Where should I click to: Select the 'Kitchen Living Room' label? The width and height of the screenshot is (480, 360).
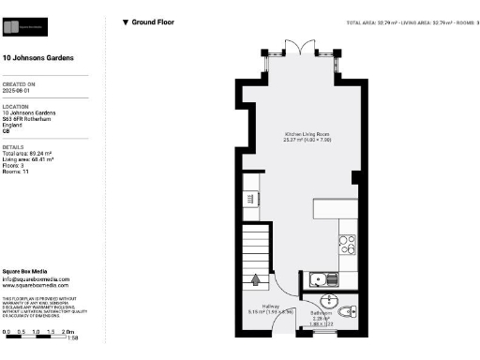308,135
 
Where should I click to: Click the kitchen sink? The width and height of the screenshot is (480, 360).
318,279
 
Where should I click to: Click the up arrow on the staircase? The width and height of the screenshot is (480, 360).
258,278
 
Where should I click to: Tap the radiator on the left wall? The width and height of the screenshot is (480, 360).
250,198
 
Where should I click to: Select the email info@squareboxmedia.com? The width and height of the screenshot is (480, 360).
35,278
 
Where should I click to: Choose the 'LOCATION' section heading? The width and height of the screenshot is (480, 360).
17,106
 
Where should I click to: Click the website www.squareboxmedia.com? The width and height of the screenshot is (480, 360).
35,285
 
